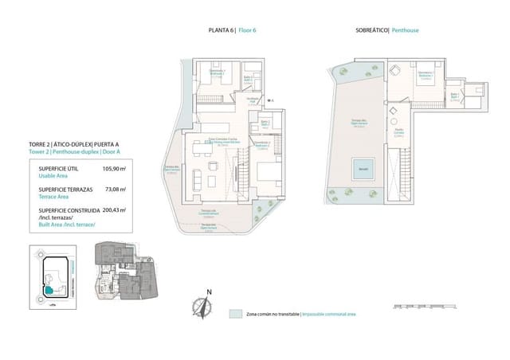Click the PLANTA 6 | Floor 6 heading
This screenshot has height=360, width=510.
click(232, 29)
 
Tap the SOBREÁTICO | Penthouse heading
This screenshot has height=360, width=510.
click(387, 29)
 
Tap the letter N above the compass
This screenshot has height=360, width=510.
click(208, 292)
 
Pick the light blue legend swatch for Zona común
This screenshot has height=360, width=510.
click(234, 314)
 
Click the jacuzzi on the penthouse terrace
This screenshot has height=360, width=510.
click(363, 170)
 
